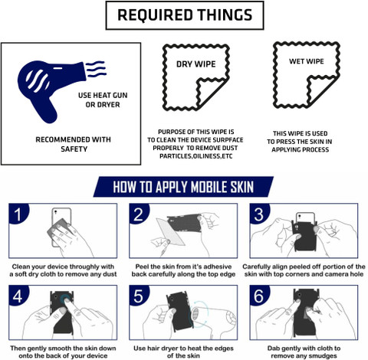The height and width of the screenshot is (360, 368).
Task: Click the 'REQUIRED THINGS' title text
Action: pos(185,15)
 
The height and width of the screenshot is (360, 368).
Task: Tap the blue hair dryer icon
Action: pos(51,84)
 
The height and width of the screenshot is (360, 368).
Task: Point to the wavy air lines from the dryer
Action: pos(96,69)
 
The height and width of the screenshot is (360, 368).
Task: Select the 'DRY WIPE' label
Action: pos(196,64)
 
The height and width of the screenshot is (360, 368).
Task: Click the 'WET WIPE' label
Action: pos(307,61)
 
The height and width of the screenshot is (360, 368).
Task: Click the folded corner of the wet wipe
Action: pos(320,90)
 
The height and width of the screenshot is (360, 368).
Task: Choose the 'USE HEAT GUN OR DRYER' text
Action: pos(103,100)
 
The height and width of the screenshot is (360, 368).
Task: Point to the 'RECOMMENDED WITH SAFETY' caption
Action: pos(74,144)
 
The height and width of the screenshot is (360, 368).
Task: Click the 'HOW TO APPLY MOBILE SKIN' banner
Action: pos(183,187)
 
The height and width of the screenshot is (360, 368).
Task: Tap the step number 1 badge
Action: pos(18,214)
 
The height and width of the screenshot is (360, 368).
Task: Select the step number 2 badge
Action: pos(139,214)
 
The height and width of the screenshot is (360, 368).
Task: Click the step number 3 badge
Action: pos(259,214)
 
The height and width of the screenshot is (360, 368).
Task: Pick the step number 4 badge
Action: pos(18,296)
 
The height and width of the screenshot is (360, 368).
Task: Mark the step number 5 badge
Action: pos(139,296)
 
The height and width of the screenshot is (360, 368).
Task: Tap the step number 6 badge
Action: pos(259,296)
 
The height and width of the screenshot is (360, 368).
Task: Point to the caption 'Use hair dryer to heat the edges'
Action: pos(183,349)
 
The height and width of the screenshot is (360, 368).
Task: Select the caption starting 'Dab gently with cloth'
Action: pos(304,352)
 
